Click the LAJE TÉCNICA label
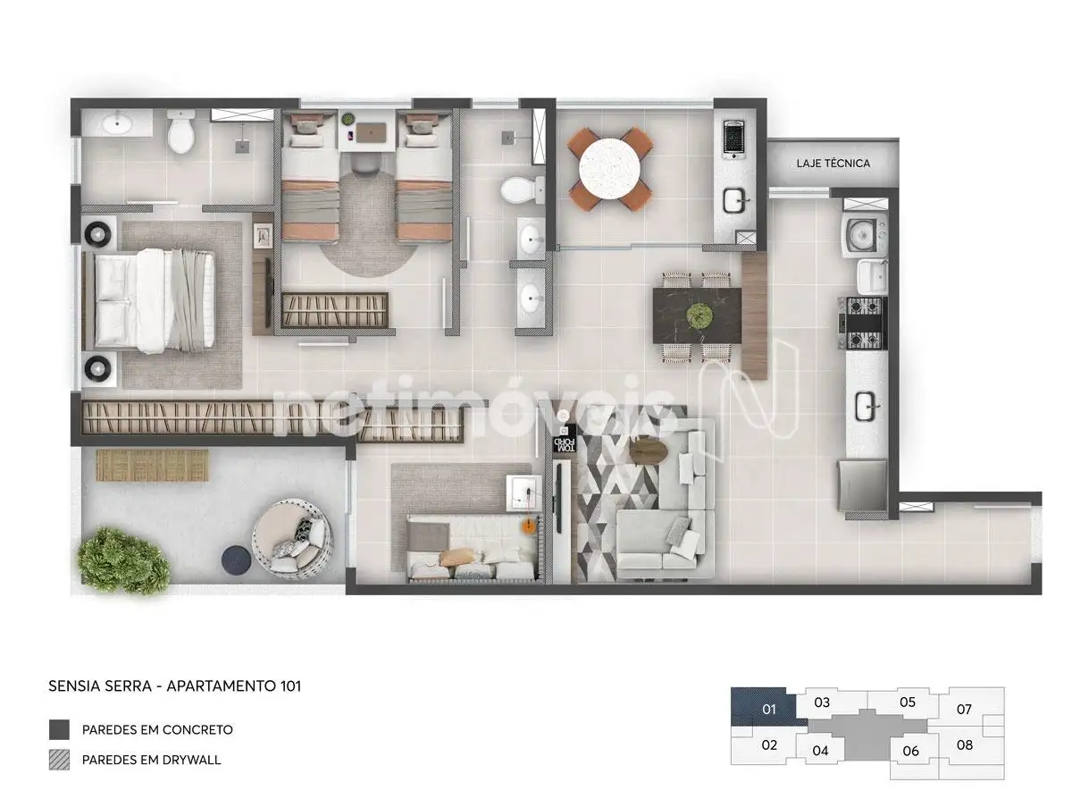point(833,164)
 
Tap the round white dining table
point(609,169)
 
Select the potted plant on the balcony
point(123,560)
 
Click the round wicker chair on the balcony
point(293,539)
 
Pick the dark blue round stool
point(236,559)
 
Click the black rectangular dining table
point(697,315)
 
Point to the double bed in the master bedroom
point(148,300)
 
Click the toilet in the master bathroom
point(181,130)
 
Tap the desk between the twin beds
point(366,130)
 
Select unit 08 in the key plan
point(965,744)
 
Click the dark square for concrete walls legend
point(60,729)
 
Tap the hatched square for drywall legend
point(60,760)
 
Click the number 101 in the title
point(290,686)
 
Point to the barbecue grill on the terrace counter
point(734,139)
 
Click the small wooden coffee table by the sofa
point(649,450)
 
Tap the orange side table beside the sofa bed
point(530,526)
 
